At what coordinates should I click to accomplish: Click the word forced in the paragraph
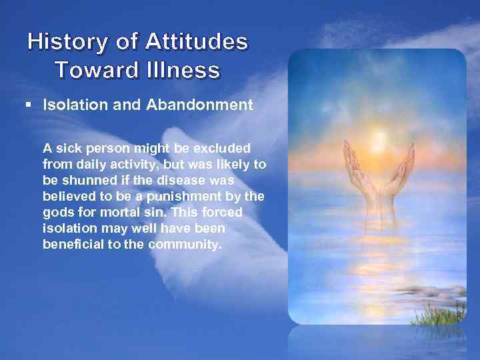[x=224, y=212]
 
